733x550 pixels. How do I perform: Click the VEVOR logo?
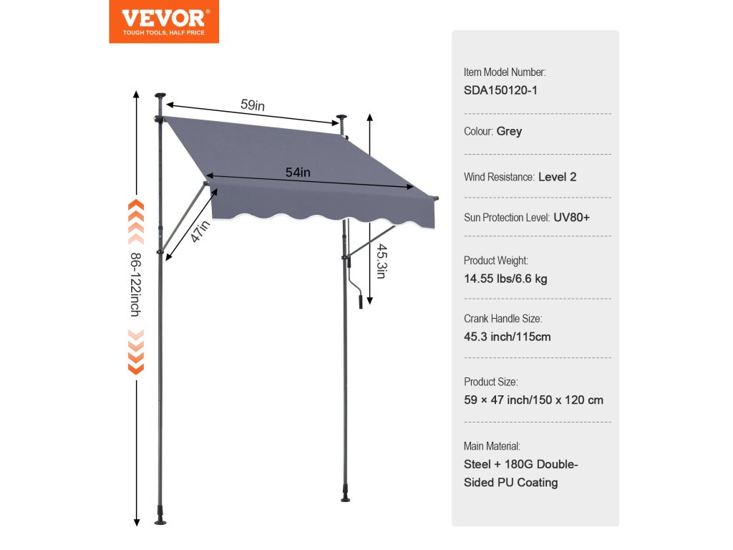click(x=164, y=21)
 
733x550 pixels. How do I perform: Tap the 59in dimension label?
click(x=253, y=105)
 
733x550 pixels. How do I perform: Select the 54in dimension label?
click(x=298, y=172)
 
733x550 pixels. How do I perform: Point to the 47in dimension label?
click(x=200, y=232)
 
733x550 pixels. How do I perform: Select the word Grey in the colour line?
click(x=509, y=132)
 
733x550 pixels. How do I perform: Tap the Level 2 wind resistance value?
click(x=557, y=177)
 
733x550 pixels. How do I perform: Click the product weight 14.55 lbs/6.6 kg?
click(x=505, y=279)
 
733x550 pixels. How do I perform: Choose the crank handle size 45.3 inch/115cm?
click(x=508, y=337)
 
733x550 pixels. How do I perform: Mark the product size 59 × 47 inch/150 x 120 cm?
click(x=533, y=400)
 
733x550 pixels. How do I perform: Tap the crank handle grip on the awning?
click(x=360, y=299)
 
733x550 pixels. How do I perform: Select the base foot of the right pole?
click(x=346, y=496)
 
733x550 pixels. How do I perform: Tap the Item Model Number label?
click(x=505, y=72)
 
